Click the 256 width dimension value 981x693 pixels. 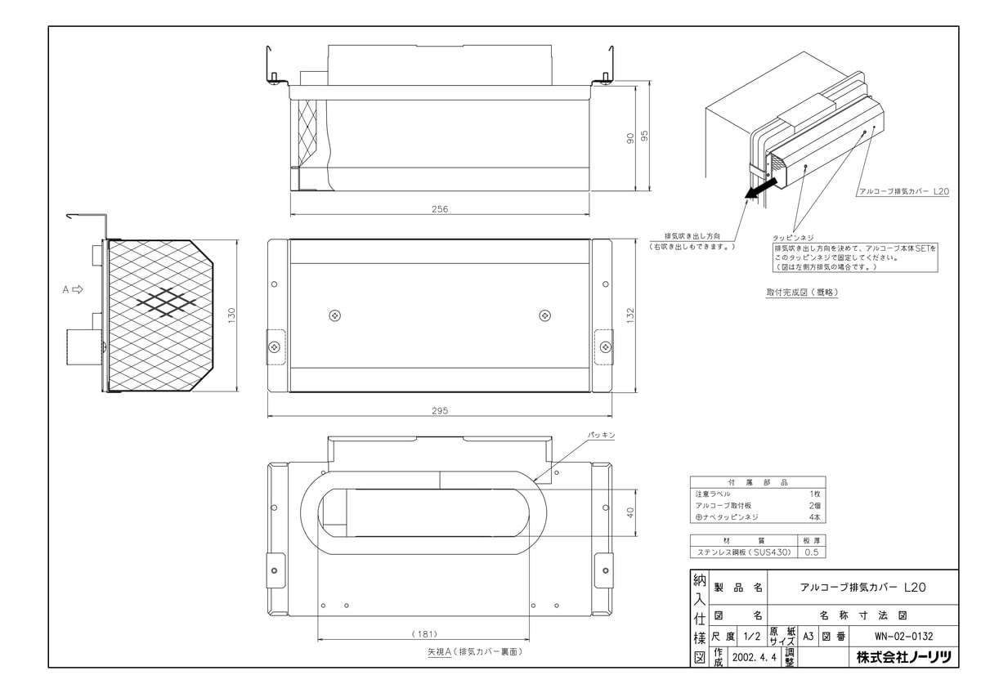click(x=441, y=209)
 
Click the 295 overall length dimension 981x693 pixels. click(x=441, y=411)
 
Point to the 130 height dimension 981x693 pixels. click(x=231, y=314)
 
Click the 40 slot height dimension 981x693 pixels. click(x=629, y=513)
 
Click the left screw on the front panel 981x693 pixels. click(x=334, y=315)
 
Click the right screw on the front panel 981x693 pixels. click(x=545, y=315)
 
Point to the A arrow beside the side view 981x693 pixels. click(x=73, y=289)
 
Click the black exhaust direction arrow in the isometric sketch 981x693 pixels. click(x=756, y=190)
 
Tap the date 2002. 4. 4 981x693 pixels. click(x=756, y=656)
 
